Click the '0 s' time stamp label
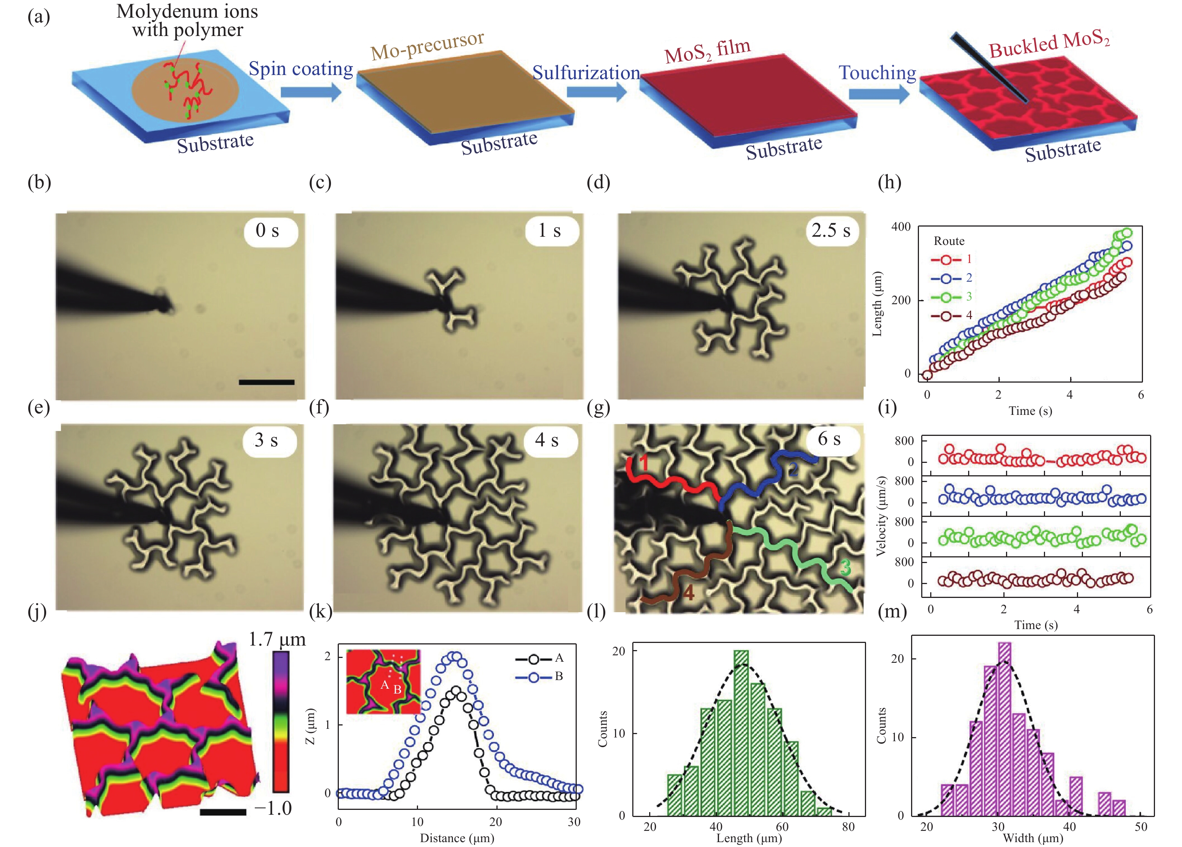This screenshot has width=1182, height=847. [x=268, y=231]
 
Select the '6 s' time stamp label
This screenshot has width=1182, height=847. [x=829, y=439]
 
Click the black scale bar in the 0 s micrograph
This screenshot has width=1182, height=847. [x=266, y=382]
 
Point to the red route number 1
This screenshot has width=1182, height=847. [x=644, y=462]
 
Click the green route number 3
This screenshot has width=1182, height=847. [x=845, y=567]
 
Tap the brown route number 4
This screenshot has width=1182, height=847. [x=689, y=593]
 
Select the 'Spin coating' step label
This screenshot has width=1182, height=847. [x=301, y=69]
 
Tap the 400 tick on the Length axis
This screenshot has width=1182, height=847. [x=901, y=227]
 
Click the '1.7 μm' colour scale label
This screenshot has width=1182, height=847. [x=277, y=639]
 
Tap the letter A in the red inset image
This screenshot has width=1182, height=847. [x=385, y=685]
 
